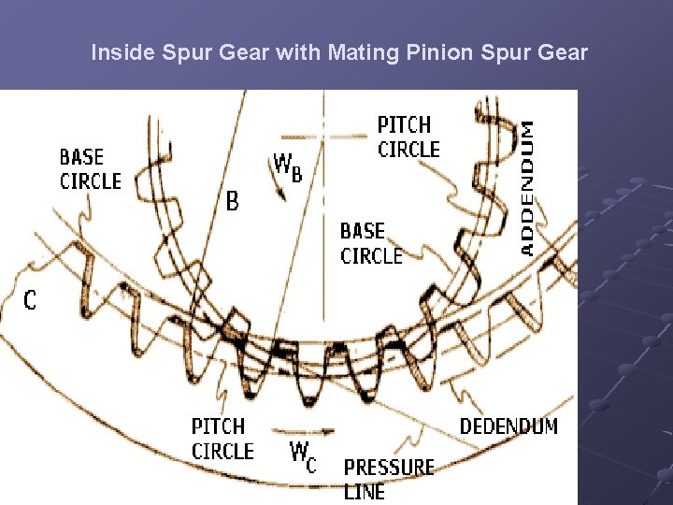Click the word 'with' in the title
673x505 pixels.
click(298, 52)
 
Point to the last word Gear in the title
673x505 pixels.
click(564, 52)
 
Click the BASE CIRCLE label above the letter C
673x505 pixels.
click(90, 168)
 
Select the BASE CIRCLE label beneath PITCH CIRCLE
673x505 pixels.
click(371, 243)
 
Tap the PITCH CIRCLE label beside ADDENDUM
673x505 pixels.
click(408, 137)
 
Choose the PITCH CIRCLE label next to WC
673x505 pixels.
click(222, 440)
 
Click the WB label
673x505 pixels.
click(287, 166)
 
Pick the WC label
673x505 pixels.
click(302, 456)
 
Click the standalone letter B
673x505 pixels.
click(233, 200)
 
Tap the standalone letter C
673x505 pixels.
click(30, 300)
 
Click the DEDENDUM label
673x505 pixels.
click(508, 426)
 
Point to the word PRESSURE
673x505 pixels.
click(389, 467)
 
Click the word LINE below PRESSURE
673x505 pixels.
click(364, 491)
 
